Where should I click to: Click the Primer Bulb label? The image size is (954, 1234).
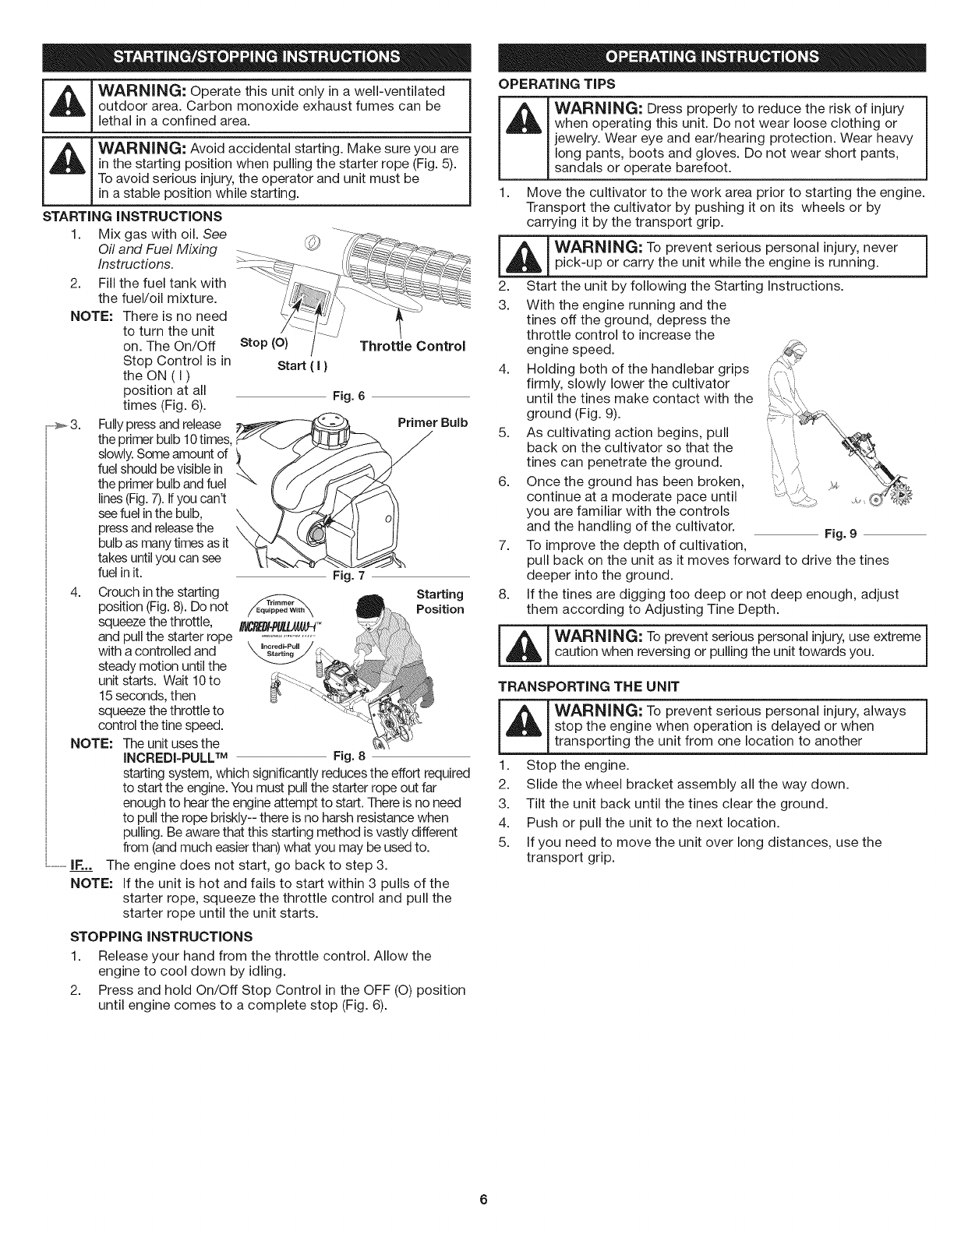(433, 422)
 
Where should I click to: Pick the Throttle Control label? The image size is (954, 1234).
(412, 346)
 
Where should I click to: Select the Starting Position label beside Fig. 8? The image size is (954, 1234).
(440, 601)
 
